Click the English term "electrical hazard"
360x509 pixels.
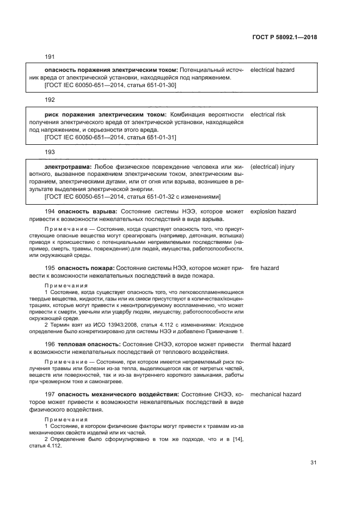coord(272,70)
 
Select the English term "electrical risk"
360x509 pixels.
coord(267,115)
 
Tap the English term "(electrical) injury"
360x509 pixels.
coord(273,167)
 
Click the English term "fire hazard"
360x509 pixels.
coord(264,268)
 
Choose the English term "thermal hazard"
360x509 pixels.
coord(270,345)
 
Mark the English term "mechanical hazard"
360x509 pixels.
coord(276,394)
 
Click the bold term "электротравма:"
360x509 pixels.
coord(68,167)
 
